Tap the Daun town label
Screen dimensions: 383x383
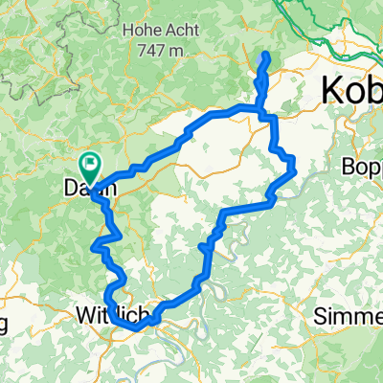(x=90, y=189)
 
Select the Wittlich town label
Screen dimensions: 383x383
(x=111, y=313)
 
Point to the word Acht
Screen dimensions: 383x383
(x=180, y=30)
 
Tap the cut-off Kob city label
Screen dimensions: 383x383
(x=350, y=90)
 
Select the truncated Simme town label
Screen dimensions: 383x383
(x=350, y=315)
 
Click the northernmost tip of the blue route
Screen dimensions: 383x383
(x=265, y=56)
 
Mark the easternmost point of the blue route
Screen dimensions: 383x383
(x=295, y=171)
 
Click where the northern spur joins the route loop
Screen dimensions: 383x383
(x=260, y=112)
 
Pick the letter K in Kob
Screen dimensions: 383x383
(x=331, y=90)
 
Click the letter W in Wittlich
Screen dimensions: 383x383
(x=83, y=313)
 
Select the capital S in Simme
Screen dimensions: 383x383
(x=326, y=315)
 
